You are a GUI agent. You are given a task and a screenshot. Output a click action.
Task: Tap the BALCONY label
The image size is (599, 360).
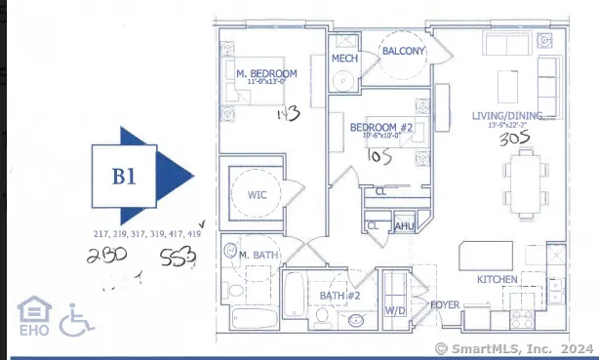pyautogui.click(x=402, y=51)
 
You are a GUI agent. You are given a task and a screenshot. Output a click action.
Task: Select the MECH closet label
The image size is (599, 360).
pyautogui.click(x=344, y=59)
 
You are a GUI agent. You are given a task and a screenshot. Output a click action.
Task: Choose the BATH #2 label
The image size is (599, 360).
pyautogui.click(x=340, y=295)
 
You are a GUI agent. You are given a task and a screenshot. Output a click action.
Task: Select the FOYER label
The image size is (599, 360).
pyautogui.click(x=445, y=304)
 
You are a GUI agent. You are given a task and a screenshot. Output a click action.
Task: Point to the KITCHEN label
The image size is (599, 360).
pyautogui.click(x=497, y=280)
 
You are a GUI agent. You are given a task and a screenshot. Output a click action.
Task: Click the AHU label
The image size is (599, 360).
pyautogui.click(x=404, y=226)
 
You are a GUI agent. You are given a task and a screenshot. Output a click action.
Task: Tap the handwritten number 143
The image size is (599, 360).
pyautogui.click(x=286, y=116)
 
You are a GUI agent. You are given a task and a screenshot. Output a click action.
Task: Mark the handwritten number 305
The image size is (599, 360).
pyautogui.click(x=514, y=139)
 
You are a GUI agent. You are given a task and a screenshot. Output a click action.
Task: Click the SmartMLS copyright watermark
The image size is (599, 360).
pyautogui.click(x=515, y=347)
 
